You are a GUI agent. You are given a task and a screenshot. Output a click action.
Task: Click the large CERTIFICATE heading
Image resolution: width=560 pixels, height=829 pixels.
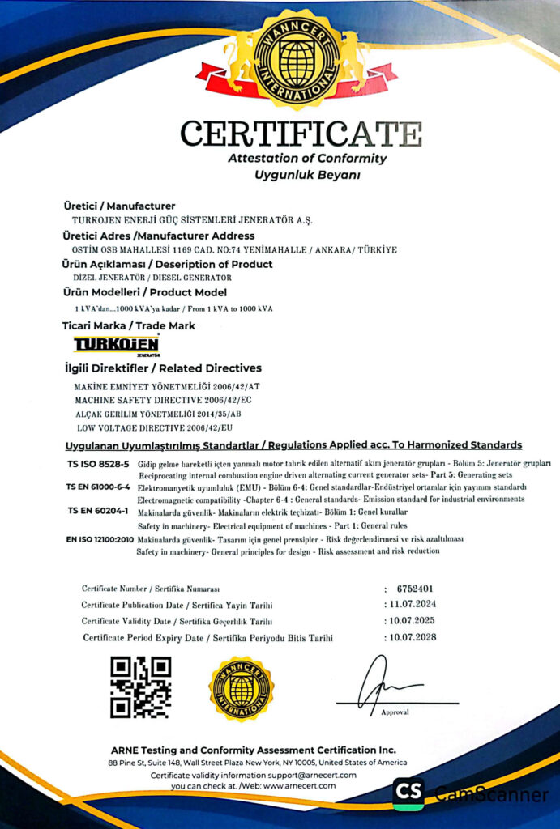click(301, 133)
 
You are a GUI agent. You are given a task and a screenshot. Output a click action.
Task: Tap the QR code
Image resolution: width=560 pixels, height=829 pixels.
click(140, 687)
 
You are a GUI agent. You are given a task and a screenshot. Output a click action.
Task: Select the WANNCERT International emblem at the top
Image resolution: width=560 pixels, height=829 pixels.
click(297, 58)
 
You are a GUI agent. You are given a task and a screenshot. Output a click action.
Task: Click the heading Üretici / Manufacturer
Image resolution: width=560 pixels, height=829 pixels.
click(119, 206)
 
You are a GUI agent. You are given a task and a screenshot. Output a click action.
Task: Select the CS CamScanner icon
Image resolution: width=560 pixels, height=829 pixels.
click(408, 793)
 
